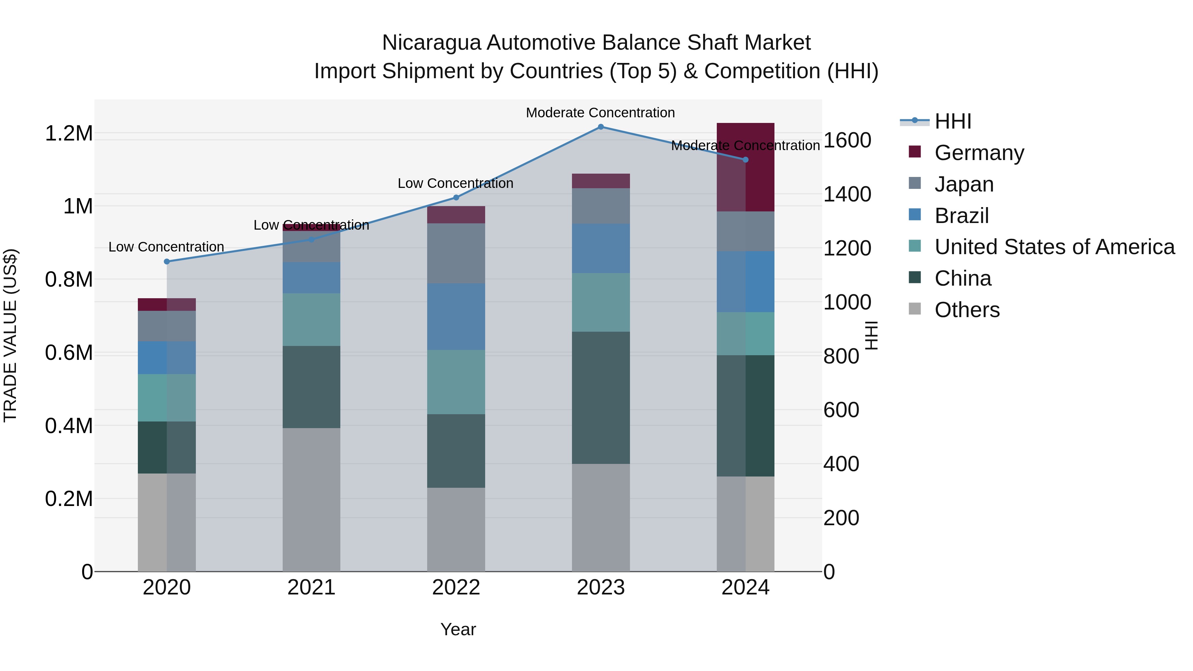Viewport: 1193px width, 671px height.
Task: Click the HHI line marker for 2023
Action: pos(601,127)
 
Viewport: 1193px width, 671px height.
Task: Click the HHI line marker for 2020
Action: pos(167,262)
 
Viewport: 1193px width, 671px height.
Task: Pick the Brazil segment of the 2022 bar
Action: pos(456,317)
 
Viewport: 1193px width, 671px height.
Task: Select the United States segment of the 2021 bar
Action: pos(311,319)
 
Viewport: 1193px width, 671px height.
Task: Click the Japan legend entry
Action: pos(964,184)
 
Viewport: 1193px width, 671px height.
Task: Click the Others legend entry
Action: pos(967,310)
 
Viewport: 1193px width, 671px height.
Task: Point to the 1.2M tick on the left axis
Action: pos(69,133)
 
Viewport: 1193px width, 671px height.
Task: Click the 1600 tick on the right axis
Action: pos(847,140)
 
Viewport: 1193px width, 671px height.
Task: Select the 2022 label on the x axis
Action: pos(456,587)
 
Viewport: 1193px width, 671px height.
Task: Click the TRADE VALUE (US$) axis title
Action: pos(10,335)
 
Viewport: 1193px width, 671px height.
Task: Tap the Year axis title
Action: pos(458,629)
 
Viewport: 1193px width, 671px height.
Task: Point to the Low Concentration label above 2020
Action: pos(166,247)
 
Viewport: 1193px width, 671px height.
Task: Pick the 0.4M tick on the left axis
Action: pos(69,426)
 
